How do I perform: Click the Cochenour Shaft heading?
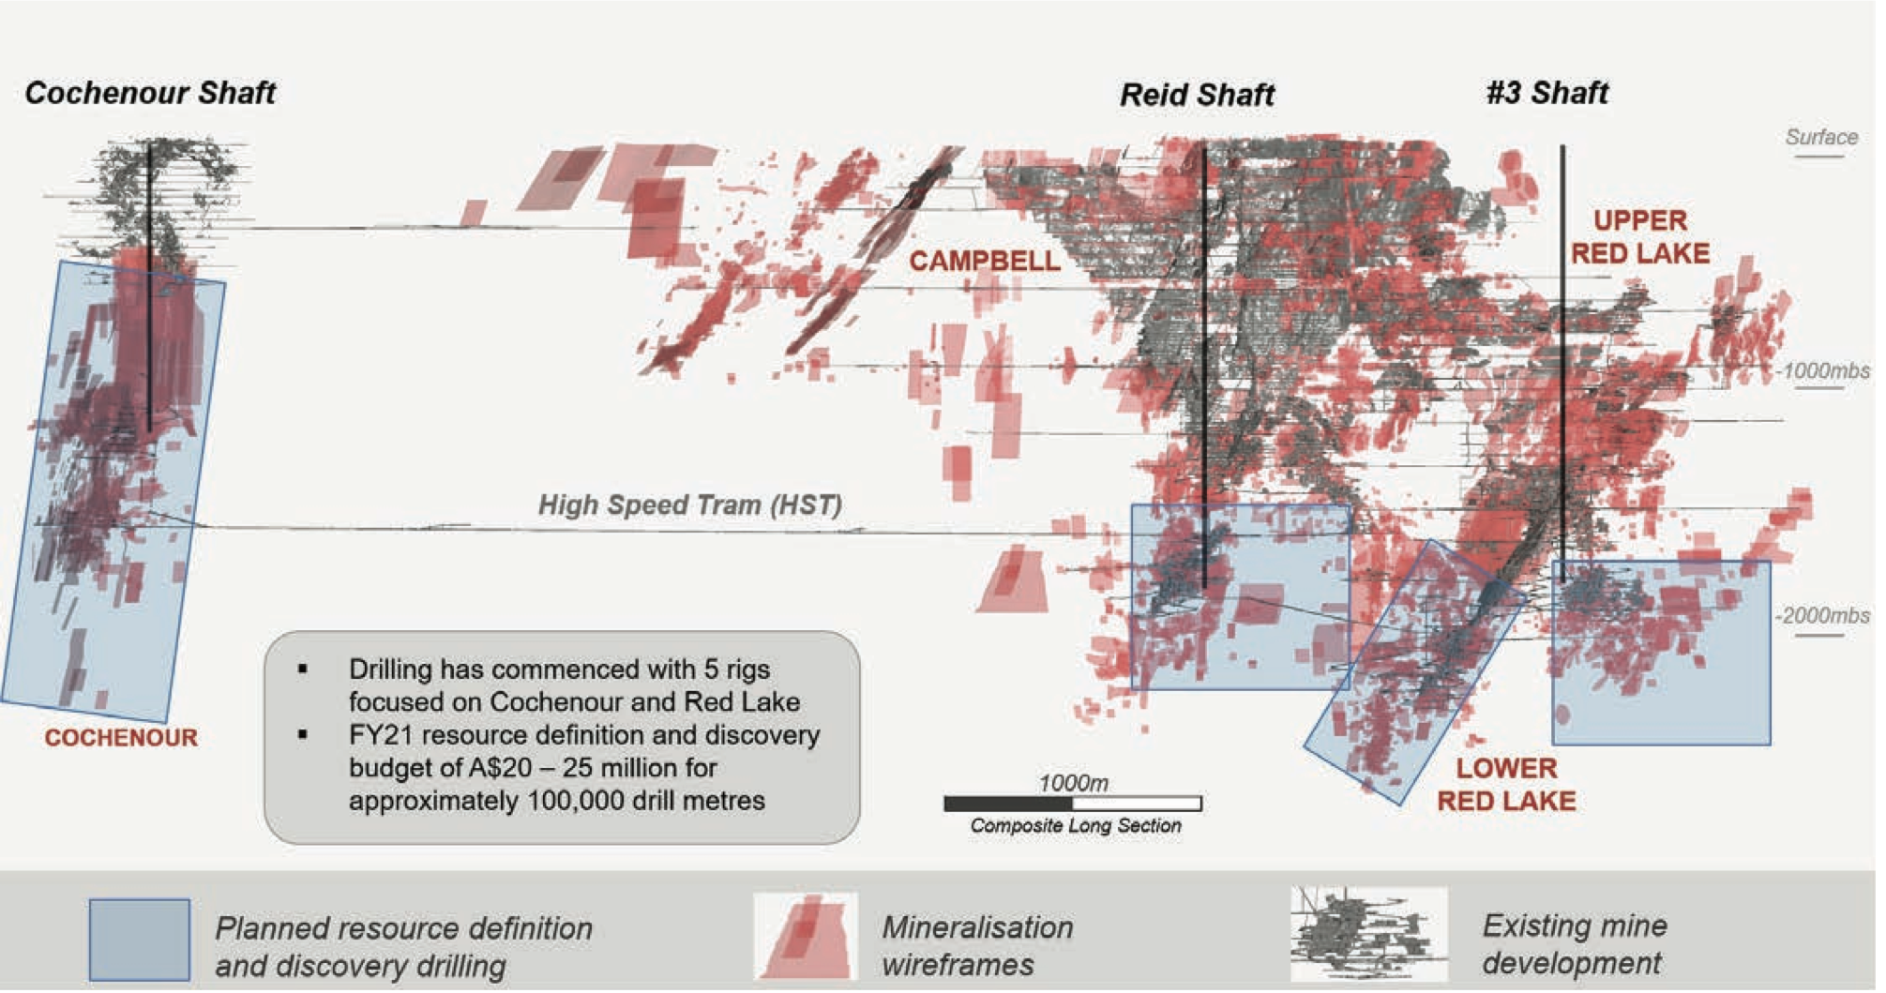click(x=150, y=93)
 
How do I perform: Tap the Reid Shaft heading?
click(x=1197, y=95)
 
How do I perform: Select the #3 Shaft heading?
click(x=1547, y=93)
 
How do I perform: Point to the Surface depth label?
click(x=1821, y=137)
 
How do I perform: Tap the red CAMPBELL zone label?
click(x=984, y=261)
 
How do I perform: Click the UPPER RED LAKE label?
click(x=1640, y=236)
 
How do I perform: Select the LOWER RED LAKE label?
click(x=1506, y=785)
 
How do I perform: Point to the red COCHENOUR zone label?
click(x=121, y=738)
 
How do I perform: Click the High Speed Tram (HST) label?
click(x=690, y=505)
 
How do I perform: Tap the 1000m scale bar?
click(x=1073, y=804)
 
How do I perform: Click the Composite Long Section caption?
click(x=1076, y=826)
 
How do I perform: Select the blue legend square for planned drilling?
click(x=140, y=940)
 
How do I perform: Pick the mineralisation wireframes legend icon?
click(x=806, y=936)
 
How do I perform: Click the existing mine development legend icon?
click(x=1368, y=934)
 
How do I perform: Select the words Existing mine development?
click(x=1574, y=944)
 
